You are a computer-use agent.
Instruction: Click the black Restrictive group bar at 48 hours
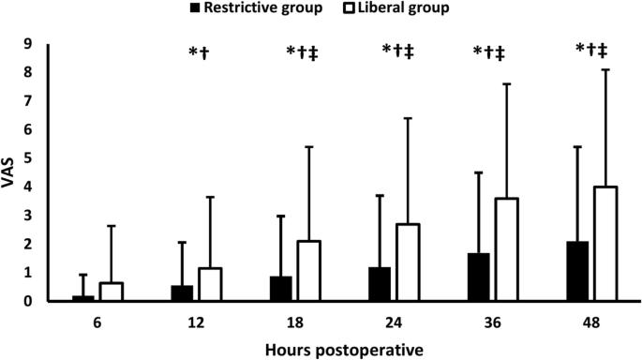tap(577, 272)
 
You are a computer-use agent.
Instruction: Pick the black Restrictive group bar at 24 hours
tap(379, 284)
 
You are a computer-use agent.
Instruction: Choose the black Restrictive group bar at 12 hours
tap(182, 293)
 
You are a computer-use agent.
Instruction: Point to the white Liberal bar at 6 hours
tap(111, 292)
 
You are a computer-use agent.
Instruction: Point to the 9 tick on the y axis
tap(29, 43)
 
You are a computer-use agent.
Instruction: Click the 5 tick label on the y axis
tap(29, 157)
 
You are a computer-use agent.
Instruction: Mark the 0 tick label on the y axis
tap(29, 301)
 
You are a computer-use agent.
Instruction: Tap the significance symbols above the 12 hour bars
tap(199, 52)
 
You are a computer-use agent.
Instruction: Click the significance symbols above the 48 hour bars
tap(592, 52)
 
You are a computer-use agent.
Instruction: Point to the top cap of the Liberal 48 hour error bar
tap(606, 69)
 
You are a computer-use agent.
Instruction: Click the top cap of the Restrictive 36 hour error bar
tap(478, 172)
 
